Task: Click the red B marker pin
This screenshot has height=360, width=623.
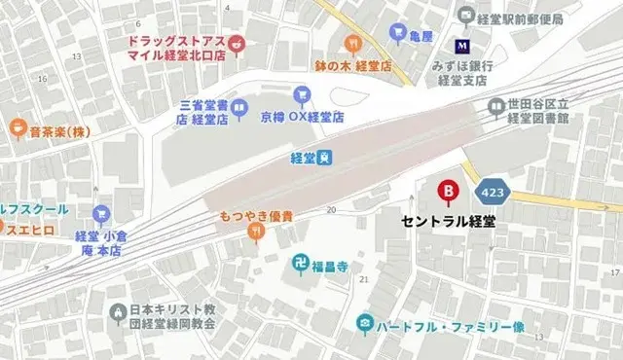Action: (449, 192)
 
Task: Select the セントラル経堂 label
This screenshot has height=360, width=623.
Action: (449, 221)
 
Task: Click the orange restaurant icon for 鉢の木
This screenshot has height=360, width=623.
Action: (352, 44)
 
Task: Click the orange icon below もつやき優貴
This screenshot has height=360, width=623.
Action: (256, 231)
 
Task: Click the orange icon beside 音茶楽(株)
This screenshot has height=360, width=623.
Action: (18, 126)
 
